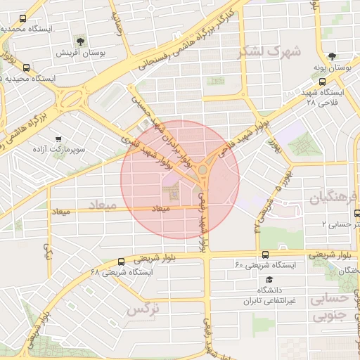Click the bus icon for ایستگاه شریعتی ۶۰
point(264,255)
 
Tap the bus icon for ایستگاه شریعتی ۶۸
point(121,261)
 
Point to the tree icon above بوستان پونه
point(332,56)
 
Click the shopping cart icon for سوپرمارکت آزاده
point(58,139)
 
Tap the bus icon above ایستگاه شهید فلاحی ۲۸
point(331,82)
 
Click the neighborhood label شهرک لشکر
point(269,51)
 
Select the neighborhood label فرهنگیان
point(330,198)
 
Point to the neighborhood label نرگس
point(143,308)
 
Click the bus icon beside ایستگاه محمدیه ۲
point(22,19)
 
